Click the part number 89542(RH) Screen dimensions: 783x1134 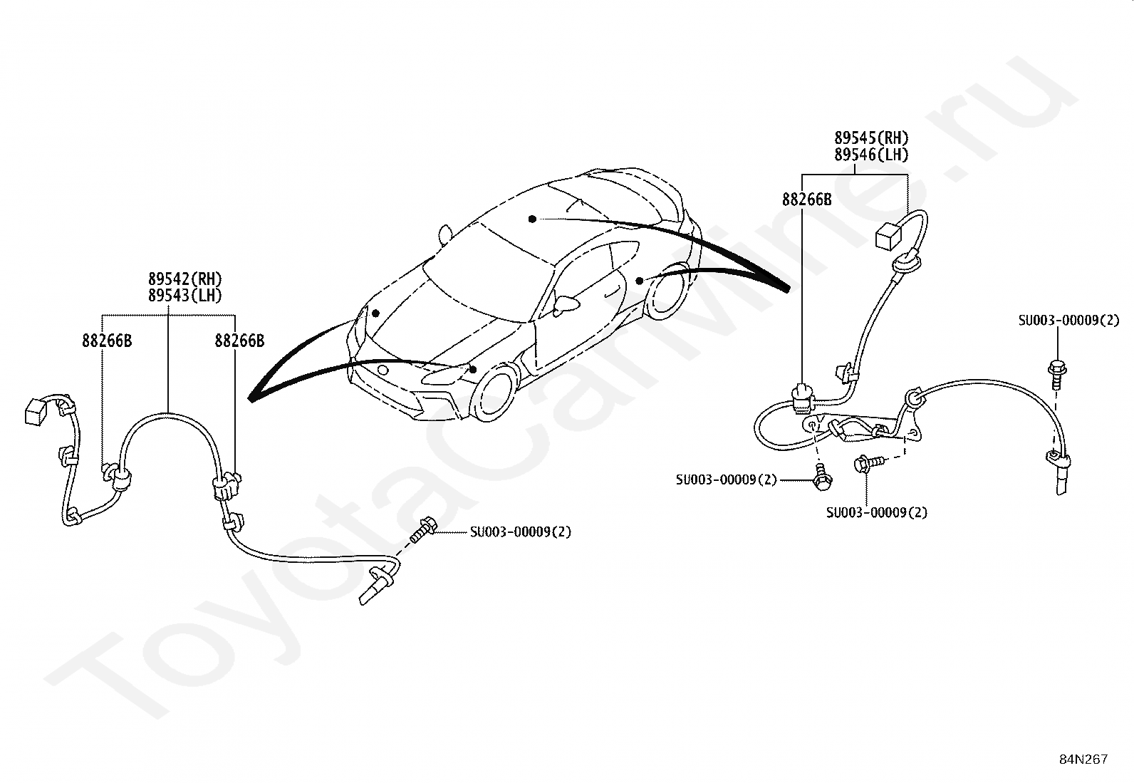[185, 279]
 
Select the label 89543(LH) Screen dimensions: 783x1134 [185, 295]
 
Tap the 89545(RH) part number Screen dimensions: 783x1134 [872, 138]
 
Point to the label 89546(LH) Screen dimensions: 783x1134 [872, 155]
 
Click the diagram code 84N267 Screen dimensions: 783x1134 [1083, 759]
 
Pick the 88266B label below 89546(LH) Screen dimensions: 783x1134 [806, 200]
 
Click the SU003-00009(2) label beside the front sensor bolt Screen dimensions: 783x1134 [520, 531]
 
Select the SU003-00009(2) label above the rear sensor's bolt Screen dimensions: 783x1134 [1068, 321]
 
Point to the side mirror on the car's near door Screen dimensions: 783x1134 [568, 304]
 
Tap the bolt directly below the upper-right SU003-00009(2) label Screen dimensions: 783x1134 [1056, 372]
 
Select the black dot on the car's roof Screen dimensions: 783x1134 [531, 219]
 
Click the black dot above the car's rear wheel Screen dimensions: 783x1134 [640, 281]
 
